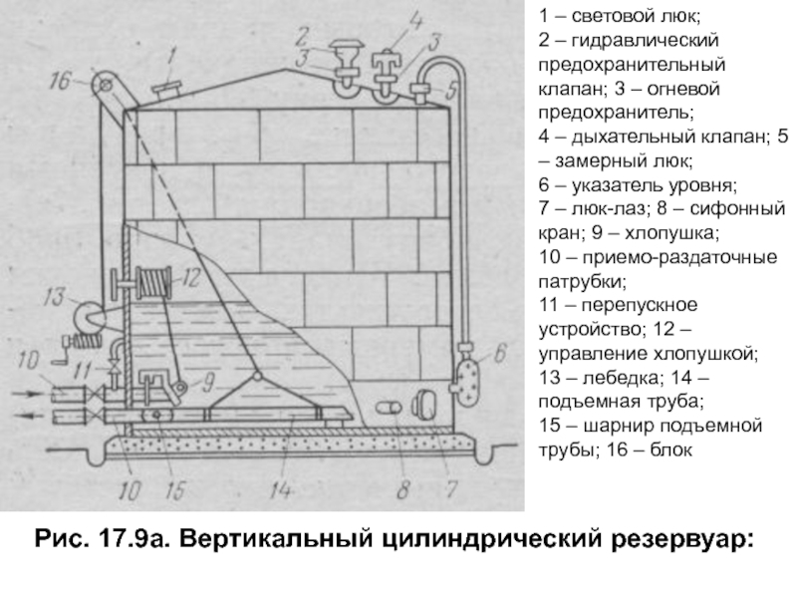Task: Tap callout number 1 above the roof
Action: pos(172,55)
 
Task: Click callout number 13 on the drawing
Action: pos(53,295)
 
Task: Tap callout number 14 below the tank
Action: pos(283,490)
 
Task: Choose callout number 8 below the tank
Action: pos(402,488)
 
